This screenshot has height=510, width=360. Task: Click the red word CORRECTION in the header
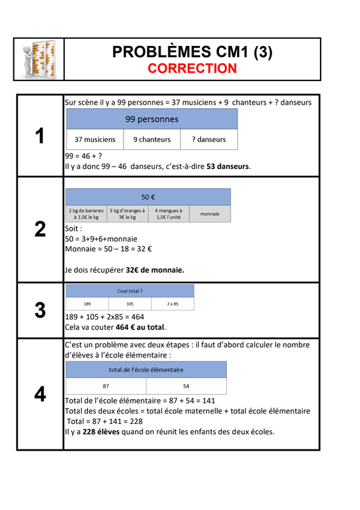tap(192, 68)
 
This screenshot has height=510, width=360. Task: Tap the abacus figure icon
tap(39, 59)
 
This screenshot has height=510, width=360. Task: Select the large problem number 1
tap(40, 136)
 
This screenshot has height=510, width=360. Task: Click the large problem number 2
tap(40, 229)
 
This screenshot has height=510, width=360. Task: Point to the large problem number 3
tap(40, 310)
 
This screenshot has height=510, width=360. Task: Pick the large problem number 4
tap(40, 394)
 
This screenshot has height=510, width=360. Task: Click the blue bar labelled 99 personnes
tap(152, 119)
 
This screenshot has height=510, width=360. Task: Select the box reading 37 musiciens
tap(95, 140)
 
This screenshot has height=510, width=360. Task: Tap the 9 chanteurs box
tap(152, 140)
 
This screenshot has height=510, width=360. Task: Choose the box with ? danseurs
tap(209, 140)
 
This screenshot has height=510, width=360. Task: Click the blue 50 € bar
tap(148, 197)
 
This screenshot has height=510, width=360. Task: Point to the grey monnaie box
tap(210, 214)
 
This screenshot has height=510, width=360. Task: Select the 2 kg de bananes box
tap(86, 214)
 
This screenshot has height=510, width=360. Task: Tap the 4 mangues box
tap(169, 214)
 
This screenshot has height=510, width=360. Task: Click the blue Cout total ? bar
tap(130, 291)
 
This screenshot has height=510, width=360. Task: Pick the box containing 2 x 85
tap(173, 304)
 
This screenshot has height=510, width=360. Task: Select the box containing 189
tap(87, 304)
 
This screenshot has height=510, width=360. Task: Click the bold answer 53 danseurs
tap(227, 166)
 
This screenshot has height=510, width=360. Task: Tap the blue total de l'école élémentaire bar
tap(146, 370)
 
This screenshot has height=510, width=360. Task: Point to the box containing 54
tap(186, 386)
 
